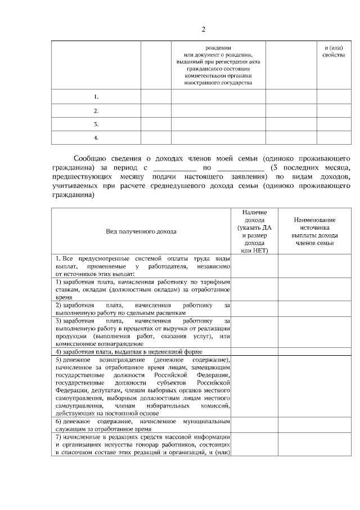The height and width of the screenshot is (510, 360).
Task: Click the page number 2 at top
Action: point(204,29)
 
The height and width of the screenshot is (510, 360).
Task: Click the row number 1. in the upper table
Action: point(96,97)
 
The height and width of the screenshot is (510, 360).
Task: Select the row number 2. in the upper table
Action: point(96,110)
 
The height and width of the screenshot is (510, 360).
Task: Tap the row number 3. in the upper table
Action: point(96,124)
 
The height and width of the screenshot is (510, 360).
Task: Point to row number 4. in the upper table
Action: point(96,137)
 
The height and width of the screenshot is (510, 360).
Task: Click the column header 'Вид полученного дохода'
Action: point(141,231)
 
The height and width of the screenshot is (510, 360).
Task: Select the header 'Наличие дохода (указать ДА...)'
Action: point(254,231)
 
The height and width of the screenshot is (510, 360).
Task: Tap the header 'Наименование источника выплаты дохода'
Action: point(314,231)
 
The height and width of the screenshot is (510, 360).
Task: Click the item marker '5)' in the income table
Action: point(58,359)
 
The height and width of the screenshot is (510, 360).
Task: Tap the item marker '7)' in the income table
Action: point(58,437)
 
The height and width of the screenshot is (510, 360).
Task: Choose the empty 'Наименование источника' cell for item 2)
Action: point(314,308)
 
